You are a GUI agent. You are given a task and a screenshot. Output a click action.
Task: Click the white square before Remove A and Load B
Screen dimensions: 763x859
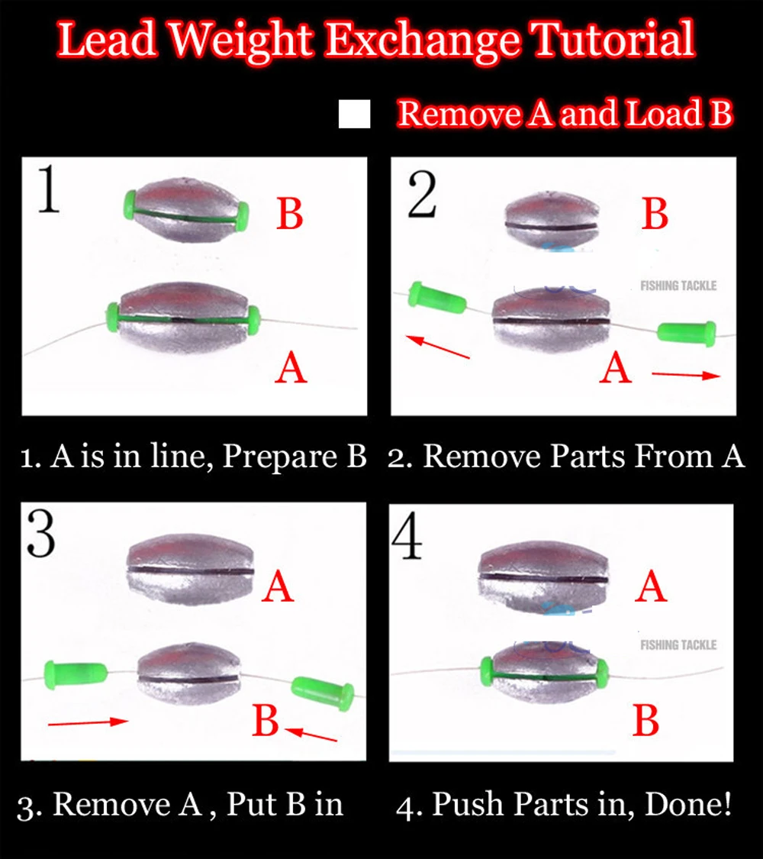coord(354,114)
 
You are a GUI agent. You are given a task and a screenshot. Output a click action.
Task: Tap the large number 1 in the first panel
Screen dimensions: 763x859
coord(48,189)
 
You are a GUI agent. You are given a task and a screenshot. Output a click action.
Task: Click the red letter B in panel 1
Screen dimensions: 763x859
coord(289,214)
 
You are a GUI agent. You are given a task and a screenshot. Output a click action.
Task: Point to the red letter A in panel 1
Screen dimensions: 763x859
coord(291,367)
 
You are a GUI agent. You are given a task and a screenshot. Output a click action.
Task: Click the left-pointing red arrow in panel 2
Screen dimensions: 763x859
coord(438,347)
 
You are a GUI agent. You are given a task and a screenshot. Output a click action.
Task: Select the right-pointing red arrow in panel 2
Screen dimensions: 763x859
coord(687,375)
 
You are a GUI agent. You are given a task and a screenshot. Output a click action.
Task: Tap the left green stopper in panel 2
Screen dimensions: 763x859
coord(437,298)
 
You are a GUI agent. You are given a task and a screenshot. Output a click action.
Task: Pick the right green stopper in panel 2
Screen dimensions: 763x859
coord(687,333)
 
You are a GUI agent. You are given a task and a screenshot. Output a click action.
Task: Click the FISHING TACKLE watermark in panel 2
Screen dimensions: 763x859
coord(678,286)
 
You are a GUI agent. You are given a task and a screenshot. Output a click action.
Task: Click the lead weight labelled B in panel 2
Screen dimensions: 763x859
coord(551,221)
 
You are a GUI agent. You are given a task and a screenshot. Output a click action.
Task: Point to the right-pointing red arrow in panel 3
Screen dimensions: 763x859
coord(88,722)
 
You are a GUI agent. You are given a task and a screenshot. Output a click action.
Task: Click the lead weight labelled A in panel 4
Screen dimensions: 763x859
coord(542,576)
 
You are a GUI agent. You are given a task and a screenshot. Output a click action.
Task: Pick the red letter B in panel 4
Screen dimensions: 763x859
coord(645,720)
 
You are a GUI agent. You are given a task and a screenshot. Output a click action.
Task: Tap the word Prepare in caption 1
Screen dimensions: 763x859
coord(281,457)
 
